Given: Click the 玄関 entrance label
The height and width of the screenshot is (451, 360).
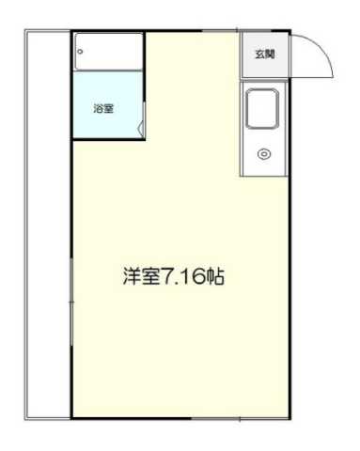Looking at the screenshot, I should coord(265,54).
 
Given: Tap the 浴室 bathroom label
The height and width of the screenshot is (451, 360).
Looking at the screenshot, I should coord(103,108).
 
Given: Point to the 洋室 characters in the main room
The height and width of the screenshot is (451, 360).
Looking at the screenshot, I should coord(139,278).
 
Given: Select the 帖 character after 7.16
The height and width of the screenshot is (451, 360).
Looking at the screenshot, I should coord(215,278).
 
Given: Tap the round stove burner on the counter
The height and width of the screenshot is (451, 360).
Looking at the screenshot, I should coord(264,153).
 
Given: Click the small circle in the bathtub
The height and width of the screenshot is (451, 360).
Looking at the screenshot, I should coord(81,52).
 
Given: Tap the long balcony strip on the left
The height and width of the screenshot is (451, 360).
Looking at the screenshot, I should coord(48,225).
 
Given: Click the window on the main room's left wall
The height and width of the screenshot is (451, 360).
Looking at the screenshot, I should coord(71,301).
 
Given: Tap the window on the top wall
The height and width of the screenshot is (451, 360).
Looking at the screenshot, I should coord(216,32).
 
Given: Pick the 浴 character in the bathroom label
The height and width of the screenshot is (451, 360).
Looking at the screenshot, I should coord(98,108).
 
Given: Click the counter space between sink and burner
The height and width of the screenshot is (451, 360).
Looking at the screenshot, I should coord(264,137).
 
